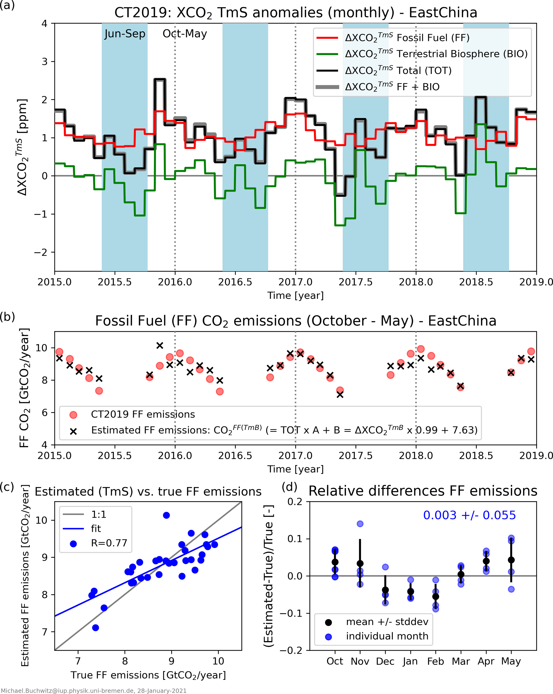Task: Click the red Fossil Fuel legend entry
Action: click(x=407, y=38)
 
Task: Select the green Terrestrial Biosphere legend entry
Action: click(x=436, y=54)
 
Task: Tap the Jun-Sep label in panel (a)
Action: click(x=125, y=34)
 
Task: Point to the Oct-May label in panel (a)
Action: click(x=185, y=34)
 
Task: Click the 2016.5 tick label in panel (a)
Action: click(x=235, y=282)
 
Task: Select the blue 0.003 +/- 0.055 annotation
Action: click(x=469, y=515)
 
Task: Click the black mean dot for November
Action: click(x=360, y=563)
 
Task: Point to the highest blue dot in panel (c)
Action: click(x=166, y=515)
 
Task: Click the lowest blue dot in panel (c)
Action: click(x=96, y=628)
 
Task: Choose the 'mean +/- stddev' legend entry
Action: click(x=387, y=621)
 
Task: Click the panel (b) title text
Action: click(x=295, y=321)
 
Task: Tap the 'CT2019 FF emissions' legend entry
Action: click(x=143, y=414)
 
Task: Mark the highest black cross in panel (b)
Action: click(x=160, y=345)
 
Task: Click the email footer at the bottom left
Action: click(x=93, y=691)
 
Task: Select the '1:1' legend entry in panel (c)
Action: click(x=98, y=515)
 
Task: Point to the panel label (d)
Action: click(x=289, y=487)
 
